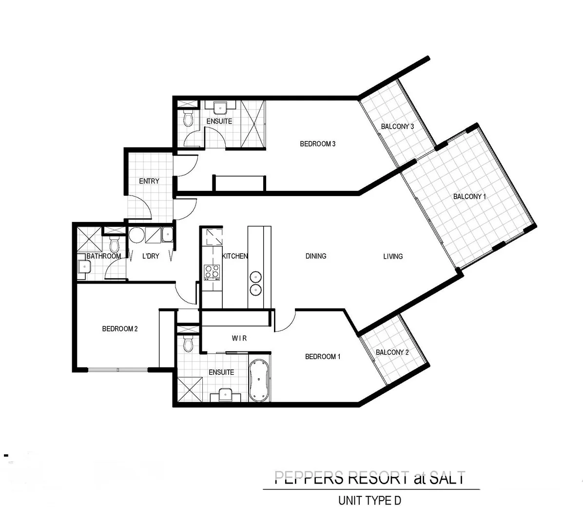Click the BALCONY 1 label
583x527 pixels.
[x=469, y=197]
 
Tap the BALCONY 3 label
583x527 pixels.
[x=397, y=126]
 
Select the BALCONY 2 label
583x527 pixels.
[x=392, y=352]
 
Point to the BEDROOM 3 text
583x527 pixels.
[x=317, y=144]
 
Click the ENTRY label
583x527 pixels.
[x=149, y=181]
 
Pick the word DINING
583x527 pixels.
[x=316, y=256]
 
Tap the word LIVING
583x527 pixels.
[x=393, y=256]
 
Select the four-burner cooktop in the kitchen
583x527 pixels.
[x=212, y=271]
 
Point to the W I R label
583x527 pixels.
[x=239, y=338]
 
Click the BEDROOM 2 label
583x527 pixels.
[x=120, y=329]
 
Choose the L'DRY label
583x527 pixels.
[x=151, y=256]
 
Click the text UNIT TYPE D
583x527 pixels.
[x=369, y=501]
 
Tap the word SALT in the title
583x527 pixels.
[x=447, y=477]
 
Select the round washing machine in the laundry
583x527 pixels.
[x=136, y=236]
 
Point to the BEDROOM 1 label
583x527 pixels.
[x=323, y=357]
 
